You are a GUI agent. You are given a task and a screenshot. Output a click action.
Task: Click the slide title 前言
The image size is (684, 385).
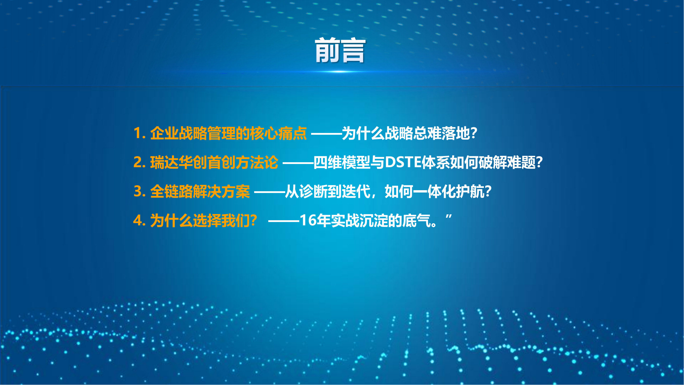[340, 50]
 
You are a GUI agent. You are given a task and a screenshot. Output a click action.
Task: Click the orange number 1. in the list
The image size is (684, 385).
[140, 133]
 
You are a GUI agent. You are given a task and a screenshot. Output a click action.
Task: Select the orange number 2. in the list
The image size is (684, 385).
[140, 162]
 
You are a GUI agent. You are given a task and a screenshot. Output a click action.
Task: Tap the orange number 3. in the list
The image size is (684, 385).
[140, 191]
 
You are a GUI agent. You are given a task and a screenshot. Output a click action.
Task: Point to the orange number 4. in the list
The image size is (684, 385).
[140, 220]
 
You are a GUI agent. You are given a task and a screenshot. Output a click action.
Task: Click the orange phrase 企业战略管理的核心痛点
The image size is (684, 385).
[229, 133]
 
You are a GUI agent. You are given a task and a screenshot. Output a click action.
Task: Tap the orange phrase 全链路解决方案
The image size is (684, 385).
[200, 191]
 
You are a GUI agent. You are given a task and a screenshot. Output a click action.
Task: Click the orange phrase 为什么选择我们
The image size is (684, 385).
[200, 221]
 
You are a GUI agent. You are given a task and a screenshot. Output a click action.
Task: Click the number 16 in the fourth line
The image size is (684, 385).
[308, 220]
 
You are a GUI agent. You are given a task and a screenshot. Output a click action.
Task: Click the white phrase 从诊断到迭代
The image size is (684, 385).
[328, 191]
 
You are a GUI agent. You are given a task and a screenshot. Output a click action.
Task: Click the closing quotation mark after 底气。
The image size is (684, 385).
[449, 217]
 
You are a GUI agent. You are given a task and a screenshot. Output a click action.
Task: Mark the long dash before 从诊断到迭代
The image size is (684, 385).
[270, 192]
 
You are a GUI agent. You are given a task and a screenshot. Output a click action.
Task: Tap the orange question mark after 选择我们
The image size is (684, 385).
[253, 221]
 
